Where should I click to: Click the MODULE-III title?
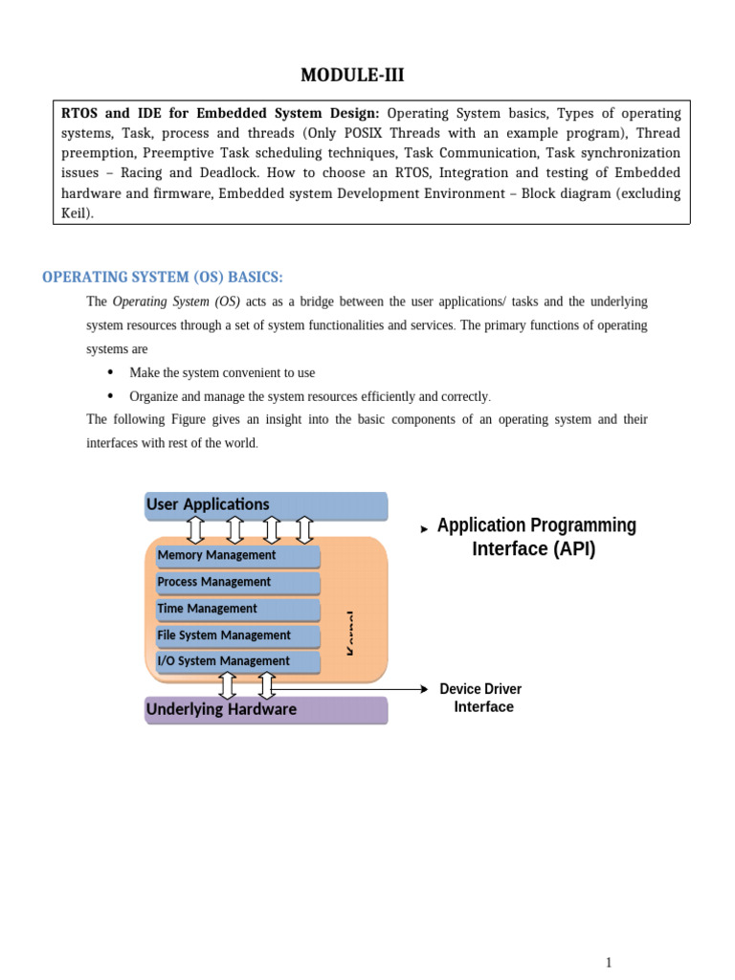coord(367,76)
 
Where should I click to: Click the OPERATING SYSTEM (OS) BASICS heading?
coord(162,278)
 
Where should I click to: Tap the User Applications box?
coord(266,504)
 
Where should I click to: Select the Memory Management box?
coord(237,556)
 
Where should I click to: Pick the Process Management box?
coord(237,582)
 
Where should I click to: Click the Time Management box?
coord(237,609)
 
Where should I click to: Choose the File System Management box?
coord(237,635)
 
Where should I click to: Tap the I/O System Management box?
coord(237,661)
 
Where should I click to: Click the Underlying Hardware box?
coord(266,710)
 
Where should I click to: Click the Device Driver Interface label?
coord(481,698)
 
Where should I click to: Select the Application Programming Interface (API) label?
coord(535,537)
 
